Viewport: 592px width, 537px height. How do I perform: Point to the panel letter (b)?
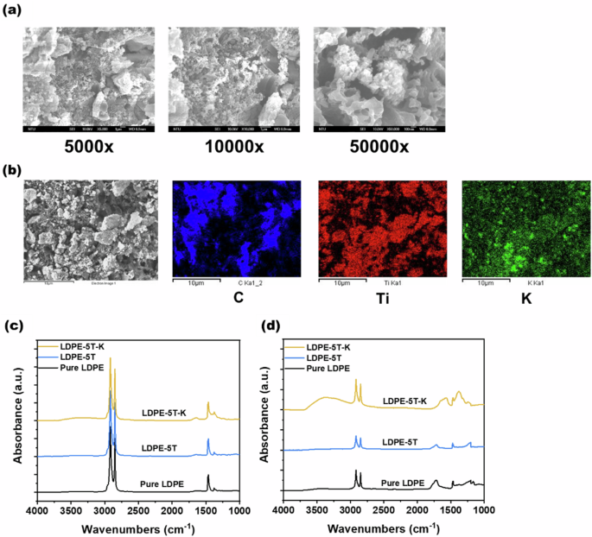14,172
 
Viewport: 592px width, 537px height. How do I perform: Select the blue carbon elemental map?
236,228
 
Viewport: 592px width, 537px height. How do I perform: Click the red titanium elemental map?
383,228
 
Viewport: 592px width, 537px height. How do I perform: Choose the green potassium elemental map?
526,228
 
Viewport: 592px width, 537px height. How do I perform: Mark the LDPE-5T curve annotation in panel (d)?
399,441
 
